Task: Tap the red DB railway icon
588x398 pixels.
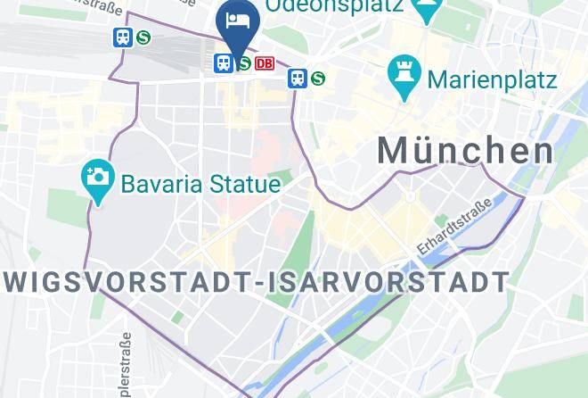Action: pos(265,63)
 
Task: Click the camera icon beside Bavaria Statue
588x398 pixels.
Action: pos(96,176)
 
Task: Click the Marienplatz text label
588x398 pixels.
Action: pos(492,79)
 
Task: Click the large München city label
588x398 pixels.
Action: pos(465,151)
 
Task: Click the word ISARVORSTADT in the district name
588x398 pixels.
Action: pos(390,283)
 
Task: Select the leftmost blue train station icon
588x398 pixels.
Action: pos(122,37)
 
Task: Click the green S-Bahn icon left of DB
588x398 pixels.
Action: pos(242,63)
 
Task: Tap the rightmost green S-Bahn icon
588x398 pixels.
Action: pos(317,79)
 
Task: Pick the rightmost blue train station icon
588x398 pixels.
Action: pos(298,79)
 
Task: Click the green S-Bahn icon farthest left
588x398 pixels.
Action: pos(143,37)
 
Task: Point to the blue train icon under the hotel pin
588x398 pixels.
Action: pos(223,63)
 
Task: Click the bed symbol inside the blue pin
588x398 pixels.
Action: pos(237,18)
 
